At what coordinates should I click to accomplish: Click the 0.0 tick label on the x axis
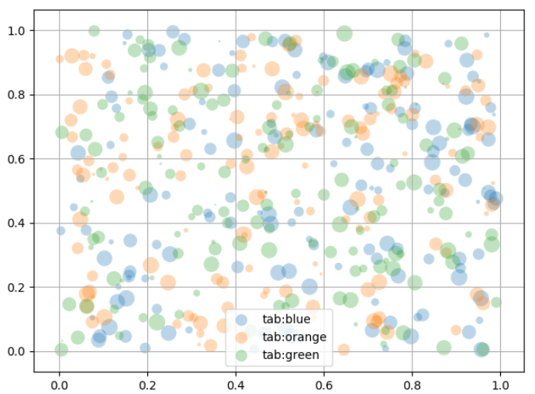(59, 382)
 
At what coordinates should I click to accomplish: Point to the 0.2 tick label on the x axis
(147, 382)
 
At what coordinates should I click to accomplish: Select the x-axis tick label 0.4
(236, 382)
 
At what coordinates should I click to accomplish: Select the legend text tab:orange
(294, 337)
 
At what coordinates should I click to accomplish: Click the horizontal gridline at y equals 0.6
(194, 159)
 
